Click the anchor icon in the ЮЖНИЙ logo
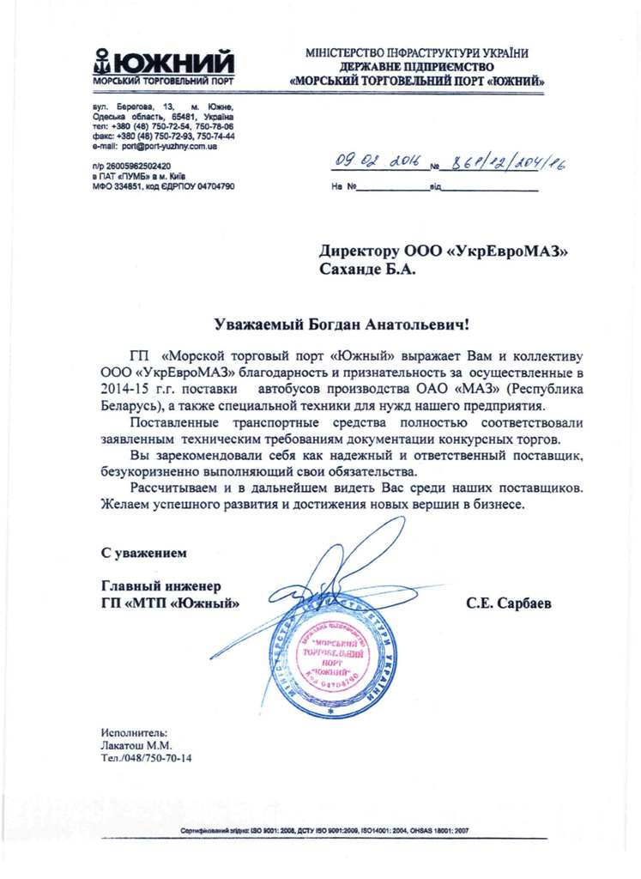pos(102,63)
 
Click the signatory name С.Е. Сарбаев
pos(509,603)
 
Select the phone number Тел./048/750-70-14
pos(146,759)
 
